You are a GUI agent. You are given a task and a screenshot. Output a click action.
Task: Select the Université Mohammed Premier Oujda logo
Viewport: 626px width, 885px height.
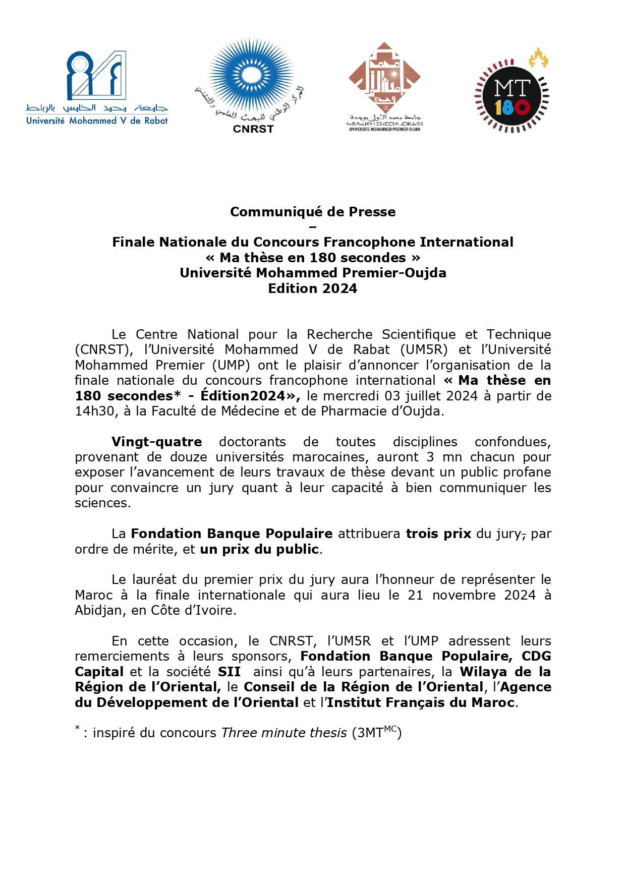[x=385, y=86]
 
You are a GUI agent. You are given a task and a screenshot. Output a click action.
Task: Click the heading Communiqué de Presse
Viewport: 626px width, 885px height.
[x=313, y=212]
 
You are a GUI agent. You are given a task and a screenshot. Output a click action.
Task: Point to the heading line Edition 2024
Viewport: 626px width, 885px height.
[x=313, y=288]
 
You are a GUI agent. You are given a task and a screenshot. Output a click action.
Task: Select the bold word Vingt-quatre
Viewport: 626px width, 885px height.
[x=156, y=442]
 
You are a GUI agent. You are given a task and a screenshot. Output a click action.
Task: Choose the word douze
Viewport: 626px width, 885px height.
[x=189, y=457]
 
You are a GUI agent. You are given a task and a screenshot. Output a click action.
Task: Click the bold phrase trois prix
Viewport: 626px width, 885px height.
[x=438, y=534]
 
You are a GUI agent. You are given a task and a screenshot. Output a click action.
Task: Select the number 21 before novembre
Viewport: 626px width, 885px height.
[x=415, y=595]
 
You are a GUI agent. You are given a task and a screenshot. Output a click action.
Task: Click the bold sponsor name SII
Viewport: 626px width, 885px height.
[x=229, y=672]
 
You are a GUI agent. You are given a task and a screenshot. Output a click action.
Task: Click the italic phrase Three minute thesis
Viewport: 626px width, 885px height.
[x=284, y=733]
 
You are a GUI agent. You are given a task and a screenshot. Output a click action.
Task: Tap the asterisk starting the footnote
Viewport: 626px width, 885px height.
[x=78, y=728]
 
